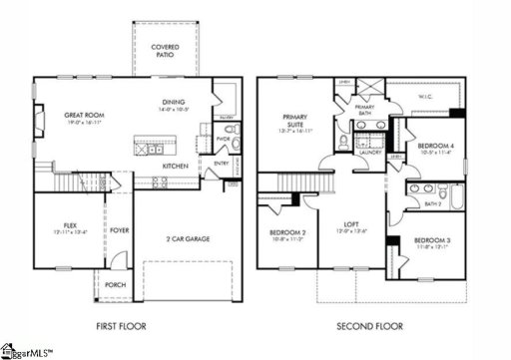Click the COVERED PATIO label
pos(165,52)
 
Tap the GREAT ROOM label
pos(85,116)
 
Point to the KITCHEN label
pos(177,165)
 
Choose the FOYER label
pos(120,230)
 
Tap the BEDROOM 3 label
pos(432,240)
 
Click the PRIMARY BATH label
pos(363,110)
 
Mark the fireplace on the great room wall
pos(40,125)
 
